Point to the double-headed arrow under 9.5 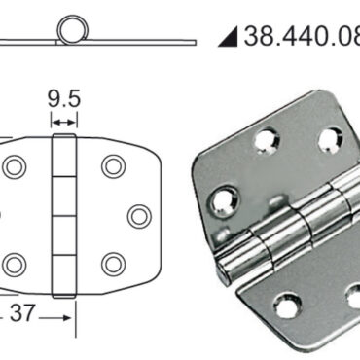click(x=64, y=121)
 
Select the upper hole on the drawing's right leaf click(x=113, y=165)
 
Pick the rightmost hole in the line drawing click(x=139, y=215)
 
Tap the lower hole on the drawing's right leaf click(x=113, y=263)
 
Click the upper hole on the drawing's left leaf click(x=14, y=166)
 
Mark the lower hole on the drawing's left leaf click(x=14, y=263)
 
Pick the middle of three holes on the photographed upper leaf click(x=265, y=143)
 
